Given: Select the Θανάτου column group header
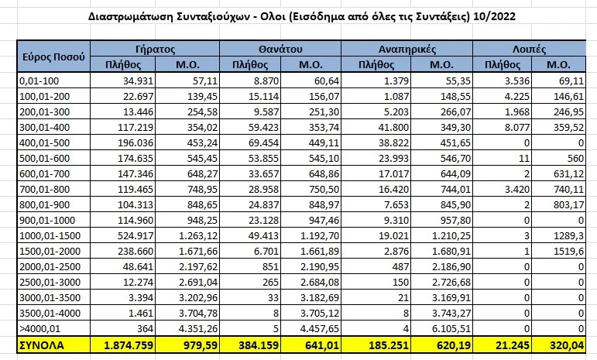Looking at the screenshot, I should [280, 48].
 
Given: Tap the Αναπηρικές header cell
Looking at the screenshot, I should [407, 48].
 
